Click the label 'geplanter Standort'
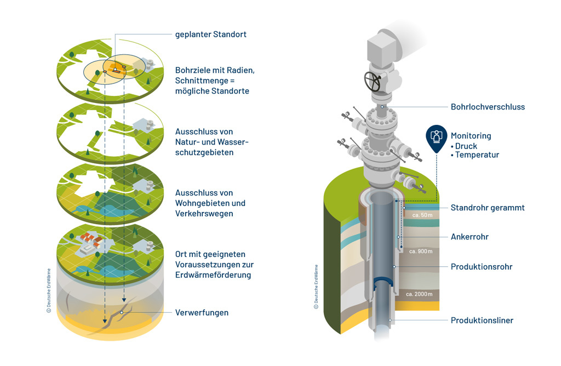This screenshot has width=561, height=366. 210,35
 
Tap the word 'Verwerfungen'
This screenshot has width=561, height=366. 202,313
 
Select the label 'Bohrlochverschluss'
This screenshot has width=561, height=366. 488,107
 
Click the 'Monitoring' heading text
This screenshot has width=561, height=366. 471,136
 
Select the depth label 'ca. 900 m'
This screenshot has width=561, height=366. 421,251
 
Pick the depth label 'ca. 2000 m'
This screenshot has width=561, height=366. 419,294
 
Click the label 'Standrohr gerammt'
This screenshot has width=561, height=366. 488,208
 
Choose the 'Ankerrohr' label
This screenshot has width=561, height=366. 469,237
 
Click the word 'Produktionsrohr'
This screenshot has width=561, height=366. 482,267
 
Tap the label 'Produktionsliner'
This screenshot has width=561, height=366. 482,320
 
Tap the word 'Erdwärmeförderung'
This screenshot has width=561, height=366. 213,275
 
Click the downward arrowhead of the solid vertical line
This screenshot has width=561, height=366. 104,322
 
